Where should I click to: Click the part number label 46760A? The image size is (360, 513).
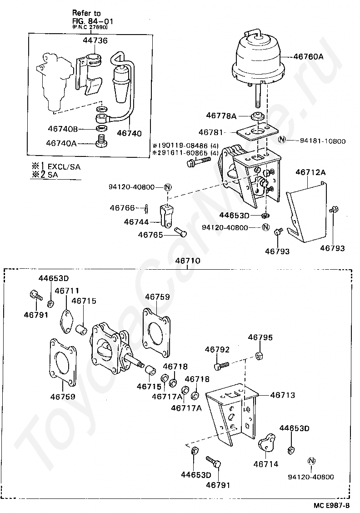[308, 57]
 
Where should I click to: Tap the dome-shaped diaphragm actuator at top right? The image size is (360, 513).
[258, 57]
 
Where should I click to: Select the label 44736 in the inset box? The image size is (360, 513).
[95, 41]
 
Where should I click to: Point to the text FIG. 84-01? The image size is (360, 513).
[93, 21]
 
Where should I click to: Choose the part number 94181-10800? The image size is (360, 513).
[323, 141]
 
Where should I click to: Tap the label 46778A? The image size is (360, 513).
[221, 116]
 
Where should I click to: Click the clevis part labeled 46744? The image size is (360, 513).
[167, 217]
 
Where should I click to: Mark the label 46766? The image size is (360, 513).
[122, 208]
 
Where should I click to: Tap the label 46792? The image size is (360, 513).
[217, 350]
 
